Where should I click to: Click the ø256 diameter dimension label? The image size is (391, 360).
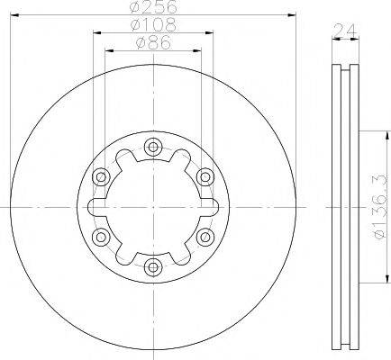pos(153,7)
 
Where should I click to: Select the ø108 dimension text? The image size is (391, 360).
pos(153,25)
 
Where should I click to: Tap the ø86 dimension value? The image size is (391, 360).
pos(153,43)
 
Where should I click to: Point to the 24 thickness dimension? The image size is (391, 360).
pos(345,30)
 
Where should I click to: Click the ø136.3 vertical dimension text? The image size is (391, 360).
pos(380,207)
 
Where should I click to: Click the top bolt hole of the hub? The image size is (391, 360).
pos(153,147)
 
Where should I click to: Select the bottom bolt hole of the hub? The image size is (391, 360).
pos(153,267)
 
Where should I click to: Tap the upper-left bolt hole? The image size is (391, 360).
pos(101,177)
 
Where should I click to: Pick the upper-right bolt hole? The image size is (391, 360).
pos(205,177)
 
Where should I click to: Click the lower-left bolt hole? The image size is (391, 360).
pos(101,237)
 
